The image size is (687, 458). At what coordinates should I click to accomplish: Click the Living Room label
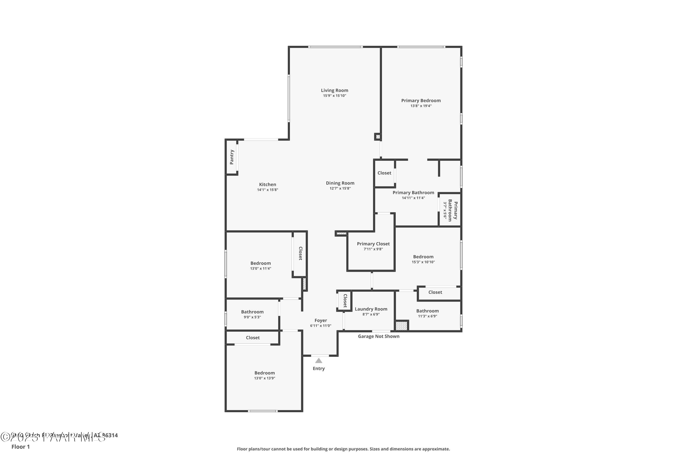click(x=334, y=90)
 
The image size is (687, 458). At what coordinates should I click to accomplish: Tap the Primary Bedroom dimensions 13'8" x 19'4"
click(x=421, y=106)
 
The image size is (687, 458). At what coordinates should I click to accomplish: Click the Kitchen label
click(x=267, y=185)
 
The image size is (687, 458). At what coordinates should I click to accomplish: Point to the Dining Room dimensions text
click(x=340, y=188)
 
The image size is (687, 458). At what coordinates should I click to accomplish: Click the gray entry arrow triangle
click(x=319, y=361)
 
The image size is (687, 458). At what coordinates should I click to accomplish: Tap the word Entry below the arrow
click(x=319, y=369)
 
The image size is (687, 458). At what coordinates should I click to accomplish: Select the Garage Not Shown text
click(x=379, y=336)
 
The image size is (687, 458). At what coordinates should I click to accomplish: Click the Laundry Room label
click(x=371, y=309)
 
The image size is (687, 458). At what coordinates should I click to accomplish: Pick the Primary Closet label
click(x=373, y=244)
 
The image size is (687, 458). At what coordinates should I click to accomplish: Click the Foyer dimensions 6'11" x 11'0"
click(x=321, y=326)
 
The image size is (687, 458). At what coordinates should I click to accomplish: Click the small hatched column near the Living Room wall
click(x=378, y=137)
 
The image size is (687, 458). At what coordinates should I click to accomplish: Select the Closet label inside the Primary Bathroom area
click(x=384, y=173)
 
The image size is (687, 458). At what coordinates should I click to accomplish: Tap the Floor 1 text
click(x=20, y=447)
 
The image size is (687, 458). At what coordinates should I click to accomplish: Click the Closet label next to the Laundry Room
click(x=345, y=301)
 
